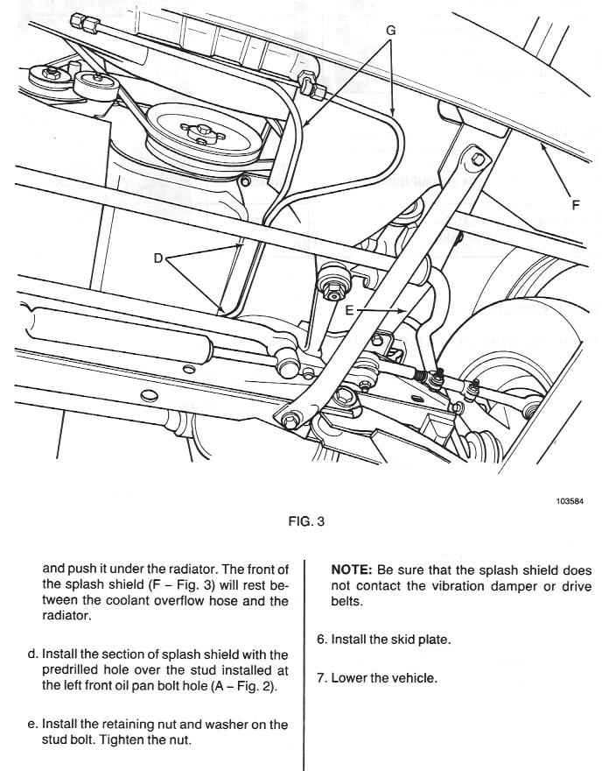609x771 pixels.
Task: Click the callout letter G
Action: tap(390, 30)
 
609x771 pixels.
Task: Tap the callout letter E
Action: tap(349, 308)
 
